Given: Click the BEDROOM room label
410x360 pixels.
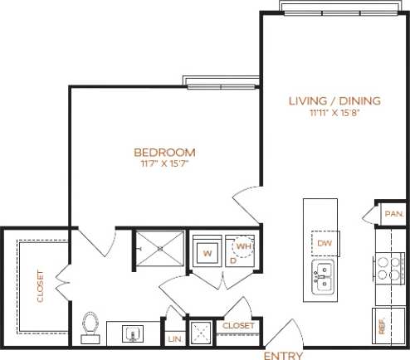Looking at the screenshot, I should (x=165, y=152).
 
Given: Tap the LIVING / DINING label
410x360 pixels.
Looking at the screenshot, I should (x=334, y=100).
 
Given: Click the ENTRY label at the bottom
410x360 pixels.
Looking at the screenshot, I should (x=282, y=355).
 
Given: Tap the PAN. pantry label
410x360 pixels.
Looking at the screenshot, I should (x=392, y=214).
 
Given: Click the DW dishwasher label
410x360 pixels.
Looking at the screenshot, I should (x=323, y=242).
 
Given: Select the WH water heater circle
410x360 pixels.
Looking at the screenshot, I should (x=244, y=246).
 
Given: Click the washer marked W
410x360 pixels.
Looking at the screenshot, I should (x=207, y=250).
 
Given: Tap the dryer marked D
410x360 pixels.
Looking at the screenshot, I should (x=233, y=259).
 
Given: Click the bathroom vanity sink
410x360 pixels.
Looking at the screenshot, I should (x=134, y=334).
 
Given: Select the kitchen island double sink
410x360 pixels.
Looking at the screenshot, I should (x=323, y=277).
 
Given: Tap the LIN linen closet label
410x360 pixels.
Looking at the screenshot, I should (x=174, y=338).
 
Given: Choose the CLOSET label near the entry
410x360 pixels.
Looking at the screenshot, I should (x=238, y=326).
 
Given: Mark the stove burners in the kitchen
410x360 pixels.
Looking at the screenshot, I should (x=389, y=266).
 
